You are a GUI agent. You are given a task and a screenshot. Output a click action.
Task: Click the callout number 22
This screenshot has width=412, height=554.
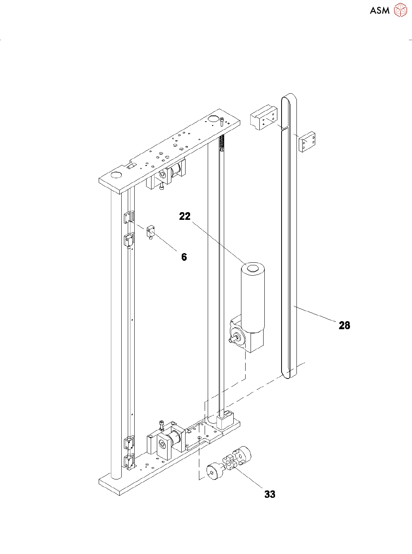coord(185,216)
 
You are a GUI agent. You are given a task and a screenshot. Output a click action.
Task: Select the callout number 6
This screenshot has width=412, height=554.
coord(184,257)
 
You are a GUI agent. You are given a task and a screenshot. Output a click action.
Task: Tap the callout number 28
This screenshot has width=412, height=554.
coord(344,325)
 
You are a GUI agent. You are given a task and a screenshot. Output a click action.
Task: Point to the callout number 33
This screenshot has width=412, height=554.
coord(270,494)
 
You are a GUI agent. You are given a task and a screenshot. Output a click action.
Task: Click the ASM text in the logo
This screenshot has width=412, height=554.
coord(379,11)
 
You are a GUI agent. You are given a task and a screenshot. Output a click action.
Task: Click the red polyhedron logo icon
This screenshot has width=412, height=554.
coord(401,10)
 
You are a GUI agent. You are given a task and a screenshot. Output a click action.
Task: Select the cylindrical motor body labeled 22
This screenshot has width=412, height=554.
coord(252,298)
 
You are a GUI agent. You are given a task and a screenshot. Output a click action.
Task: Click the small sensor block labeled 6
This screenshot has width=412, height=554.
coord(150,231)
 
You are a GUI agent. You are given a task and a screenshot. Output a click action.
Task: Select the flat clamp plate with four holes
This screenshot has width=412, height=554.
coord(307,142)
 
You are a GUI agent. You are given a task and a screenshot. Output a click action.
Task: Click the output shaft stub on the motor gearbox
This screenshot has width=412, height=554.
coord(232,339)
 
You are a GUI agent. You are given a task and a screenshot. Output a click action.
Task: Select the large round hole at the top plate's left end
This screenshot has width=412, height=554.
coord(116,175)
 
